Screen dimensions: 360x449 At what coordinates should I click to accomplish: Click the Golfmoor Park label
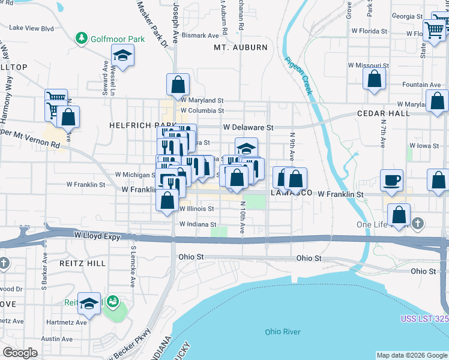click(118, 39)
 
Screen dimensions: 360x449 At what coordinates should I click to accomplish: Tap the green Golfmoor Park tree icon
click(82, 38)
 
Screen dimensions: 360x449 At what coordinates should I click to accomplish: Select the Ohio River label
click(283, 332)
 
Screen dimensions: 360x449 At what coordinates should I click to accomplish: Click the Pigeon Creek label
click(298, 76)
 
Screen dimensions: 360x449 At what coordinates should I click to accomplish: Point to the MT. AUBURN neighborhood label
click(241, 47)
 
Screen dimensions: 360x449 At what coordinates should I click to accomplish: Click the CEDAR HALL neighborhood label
click(382, 113)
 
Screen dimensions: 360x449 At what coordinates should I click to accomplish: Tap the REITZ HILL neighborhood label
click(82, 263)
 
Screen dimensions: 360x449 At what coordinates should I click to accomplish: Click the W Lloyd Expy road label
click(96, 236)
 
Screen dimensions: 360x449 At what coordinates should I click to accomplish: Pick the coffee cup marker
click(391, 180)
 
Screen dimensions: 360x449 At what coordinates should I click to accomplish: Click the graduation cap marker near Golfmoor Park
click(123, 57)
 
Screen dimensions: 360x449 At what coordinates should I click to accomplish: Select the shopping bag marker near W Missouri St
click(375, 79)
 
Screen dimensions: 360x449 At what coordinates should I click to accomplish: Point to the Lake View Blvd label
click(32, 28)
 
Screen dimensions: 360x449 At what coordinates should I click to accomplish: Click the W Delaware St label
click(248, 127)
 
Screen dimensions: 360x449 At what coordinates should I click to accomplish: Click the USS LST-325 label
click(424, 318)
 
